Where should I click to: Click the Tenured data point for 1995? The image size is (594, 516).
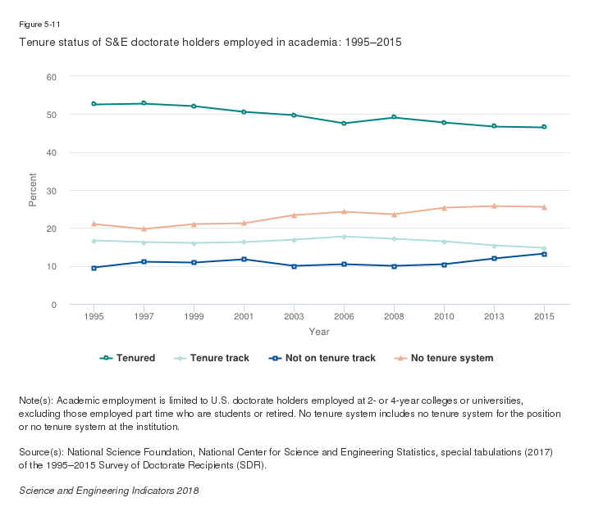click(x=94, y=104)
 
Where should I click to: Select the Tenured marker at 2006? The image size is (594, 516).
click(x=344, y=124)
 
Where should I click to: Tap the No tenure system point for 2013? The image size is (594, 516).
click(x=494, y=206)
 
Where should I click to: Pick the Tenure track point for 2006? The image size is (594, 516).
click(x=344, y=237)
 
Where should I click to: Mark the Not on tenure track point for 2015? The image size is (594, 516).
click(x=544, y=254)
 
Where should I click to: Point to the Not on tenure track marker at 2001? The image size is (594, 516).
click(x=244, y=260)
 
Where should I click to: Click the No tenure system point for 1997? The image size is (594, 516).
click(x=144, y=229)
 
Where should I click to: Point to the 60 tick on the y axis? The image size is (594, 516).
click(x=51, y=77)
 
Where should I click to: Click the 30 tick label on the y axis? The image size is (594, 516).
click(x=51, y=191)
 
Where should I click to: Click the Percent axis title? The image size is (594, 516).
click(x=33, y=190)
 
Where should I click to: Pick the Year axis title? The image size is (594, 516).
click(x=319, y=332)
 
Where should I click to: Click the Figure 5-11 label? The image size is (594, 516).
click(x=39, y=25)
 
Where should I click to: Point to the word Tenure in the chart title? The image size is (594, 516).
click(x=34, y=41)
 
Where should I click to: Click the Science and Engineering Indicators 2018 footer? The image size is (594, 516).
click(x=108, y=490)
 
